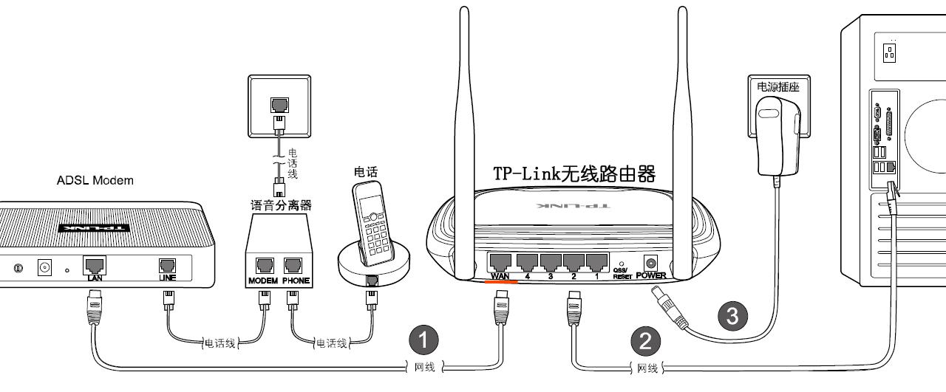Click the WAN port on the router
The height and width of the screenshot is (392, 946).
pos(501,262)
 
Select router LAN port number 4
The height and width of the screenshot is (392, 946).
pos(528,262)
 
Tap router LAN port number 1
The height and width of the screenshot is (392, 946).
pos(596,262)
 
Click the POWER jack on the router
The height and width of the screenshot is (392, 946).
pos(651,263)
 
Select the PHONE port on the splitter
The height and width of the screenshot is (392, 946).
pos(293,267)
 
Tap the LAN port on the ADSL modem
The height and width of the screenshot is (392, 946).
pos(94,266)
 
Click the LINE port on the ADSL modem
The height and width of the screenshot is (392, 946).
pos(168,266)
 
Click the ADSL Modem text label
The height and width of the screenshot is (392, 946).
pos(95,181)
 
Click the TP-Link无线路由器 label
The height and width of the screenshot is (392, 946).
pos(574,174)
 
